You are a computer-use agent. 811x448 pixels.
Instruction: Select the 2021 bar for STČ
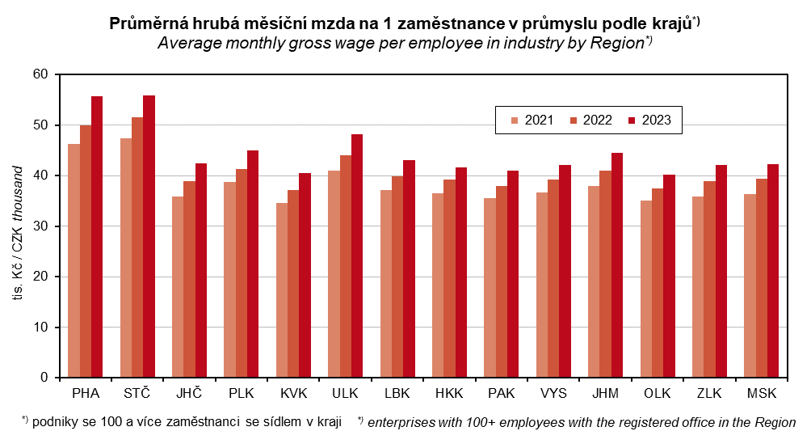tap(126, 258)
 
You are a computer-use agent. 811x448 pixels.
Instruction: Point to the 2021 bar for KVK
tap(282, 290)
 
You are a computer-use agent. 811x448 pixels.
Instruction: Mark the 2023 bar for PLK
tap(253, 264)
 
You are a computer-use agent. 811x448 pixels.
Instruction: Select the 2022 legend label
tap(597, 120)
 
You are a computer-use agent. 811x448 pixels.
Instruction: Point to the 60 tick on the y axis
tap(40, 74)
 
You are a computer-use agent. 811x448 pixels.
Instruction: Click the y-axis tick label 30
tap(40, 226)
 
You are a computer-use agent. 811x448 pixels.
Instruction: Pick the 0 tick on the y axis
tap(44, 377)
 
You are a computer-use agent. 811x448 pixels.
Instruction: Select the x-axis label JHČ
tap(190, 394)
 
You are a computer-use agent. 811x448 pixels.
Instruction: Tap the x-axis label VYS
tap(553, 394)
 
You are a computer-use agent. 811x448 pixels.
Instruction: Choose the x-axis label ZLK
tap(710, 394)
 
